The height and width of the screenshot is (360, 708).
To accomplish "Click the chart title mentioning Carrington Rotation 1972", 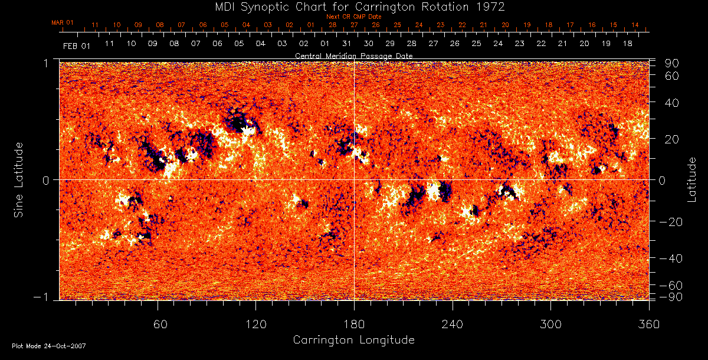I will pyautogui.click(x=354, y=6).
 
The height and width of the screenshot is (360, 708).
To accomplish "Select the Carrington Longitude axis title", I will pyautogui.click(x=353, y=340).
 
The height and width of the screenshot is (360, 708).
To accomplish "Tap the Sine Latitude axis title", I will pyautogui.click(x=19, y=179).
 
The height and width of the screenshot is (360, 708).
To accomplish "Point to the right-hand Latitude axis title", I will pyautogui.click(x=691, y=179).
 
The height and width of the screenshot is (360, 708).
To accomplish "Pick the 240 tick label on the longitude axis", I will pyautogui.click(x=452, y=324).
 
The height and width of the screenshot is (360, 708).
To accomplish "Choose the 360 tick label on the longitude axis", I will pyautogui.click(x=648, y=324).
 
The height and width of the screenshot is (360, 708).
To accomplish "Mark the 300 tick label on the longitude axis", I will pyautogui.click(x=550, y=324).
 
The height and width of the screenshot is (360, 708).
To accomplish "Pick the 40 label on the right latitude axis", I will pyautogui.click(x=671, y=103).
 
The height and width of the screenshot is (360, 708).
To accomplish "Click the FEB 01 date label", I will pyautogui.click(x=76, y=45).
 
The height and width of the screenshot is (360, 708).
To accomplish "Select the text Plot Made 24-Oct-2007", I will pyautogui.click(x=49, y=346).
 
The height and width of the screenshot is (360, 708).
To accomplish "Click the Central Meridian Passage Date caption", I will pyautogui.click(x=353, y=55).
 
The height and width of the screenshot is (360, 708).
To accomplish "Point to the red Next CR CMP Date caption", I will pyautogui.click(x=354, y=17).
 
